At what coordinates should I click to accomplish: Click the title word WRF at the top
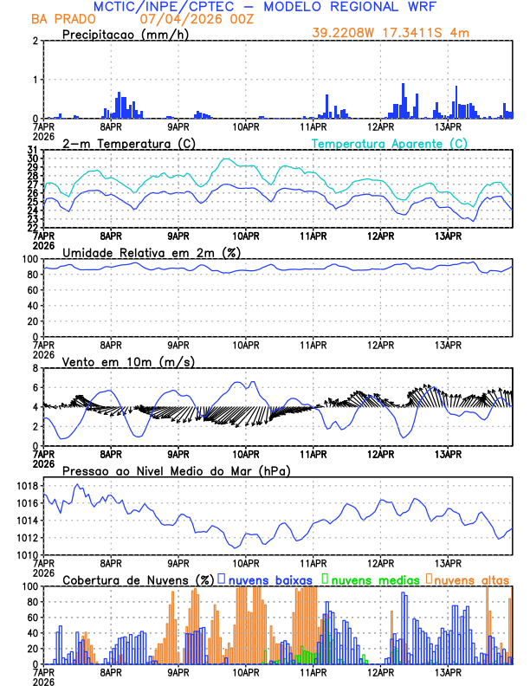pyautogui.click(x=417, y=7)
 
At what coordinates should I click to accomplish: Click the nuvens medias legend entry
pyautogui.click(x=371, y=579)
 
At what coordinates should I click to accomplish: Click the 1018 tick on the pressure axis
pyautogui.click(x=27, y=486)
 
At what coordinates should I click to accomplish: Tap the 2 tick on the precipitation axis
pyautogui.click(x=35, y=41)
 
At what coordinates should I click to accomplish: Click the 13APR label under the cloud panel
pyautogui.click(x=447, y=672)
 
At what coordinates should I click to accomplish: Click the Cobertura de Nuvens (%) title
pyautogui.click(x=137, y=579)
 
